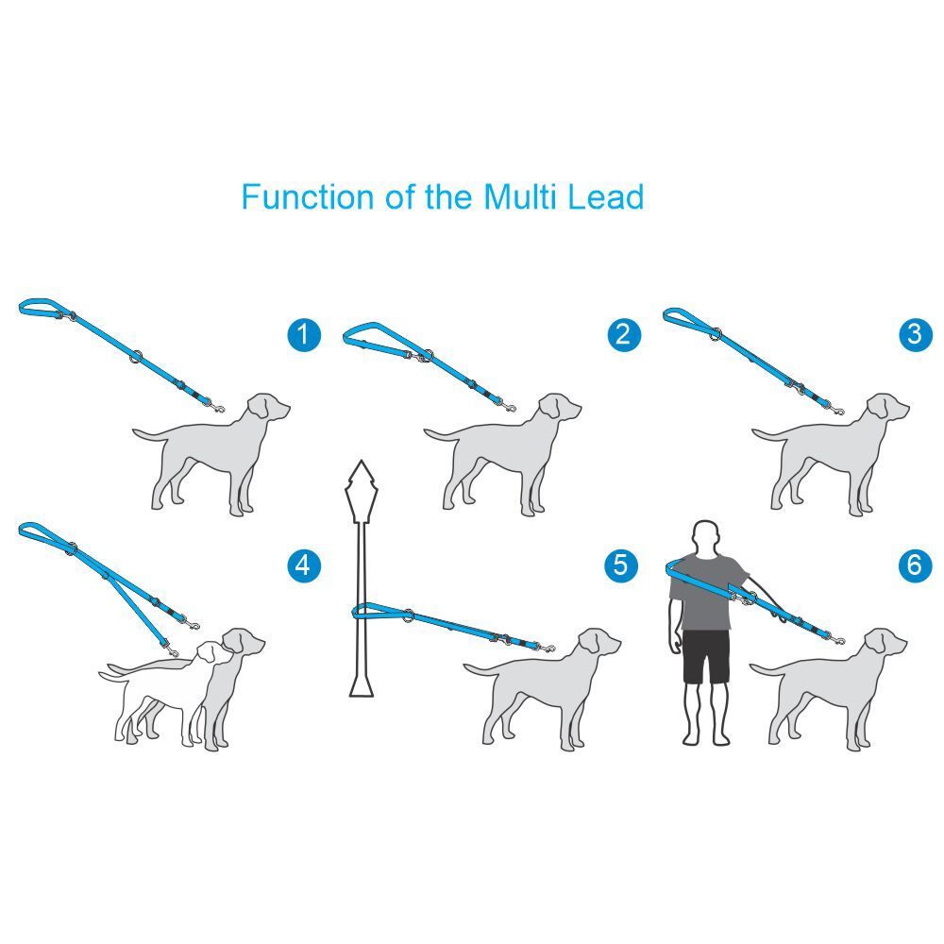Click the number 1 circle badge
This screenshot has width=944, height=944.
[304, 334]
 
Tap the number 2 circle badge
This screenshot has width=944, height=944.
[624, 334]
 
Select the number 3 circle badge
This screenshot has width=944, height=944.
[915, 334]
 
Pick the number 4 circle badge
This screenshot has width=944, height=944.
[303, 565]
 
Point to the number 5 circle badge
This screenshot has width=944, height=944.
[621, 565]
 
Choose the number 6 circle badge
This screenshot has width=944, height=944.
[915, 565]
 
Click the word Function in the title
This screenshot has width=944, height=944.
[308, 197]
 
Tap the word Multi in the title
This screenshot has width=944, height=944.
[520, 197]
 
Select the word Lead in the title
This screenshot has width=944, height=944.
[606, 197]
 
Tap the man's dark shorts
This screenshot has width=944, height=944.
[707, 657]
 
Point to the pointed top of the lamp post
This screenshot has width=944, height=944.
[361, 462]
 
